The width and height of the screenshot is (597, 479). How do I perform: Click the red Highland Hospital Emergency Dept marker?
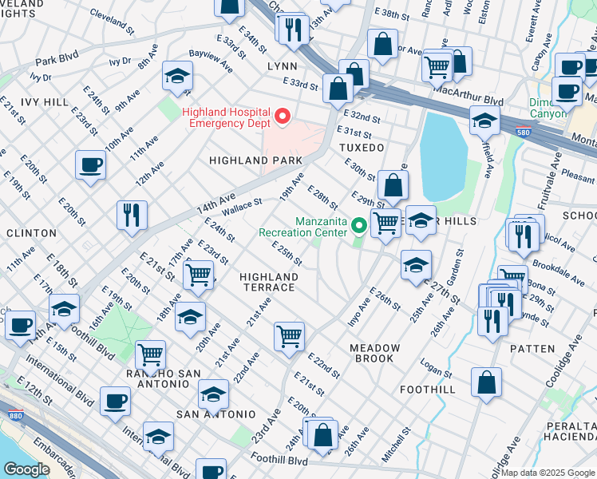[282, 118]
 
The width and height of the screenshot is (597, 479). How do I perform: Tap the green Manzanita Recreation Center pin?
[359, 227]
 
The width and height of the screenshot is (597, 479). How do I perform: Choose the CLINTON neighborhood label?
[31, 233]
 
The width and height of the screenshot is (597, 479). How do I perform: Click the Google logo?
[26, 469]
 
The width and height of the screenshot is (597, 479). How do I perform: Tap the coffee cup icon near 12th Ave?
[90, 165]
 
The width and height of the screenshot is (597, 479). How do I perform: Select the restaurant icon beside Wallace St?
[131, 213]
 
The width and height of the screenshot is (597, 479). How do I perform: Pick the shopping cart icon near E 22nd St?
[288, 335]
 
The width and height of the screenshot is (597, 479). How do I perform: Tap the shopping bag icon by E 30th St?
[392, 185]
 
